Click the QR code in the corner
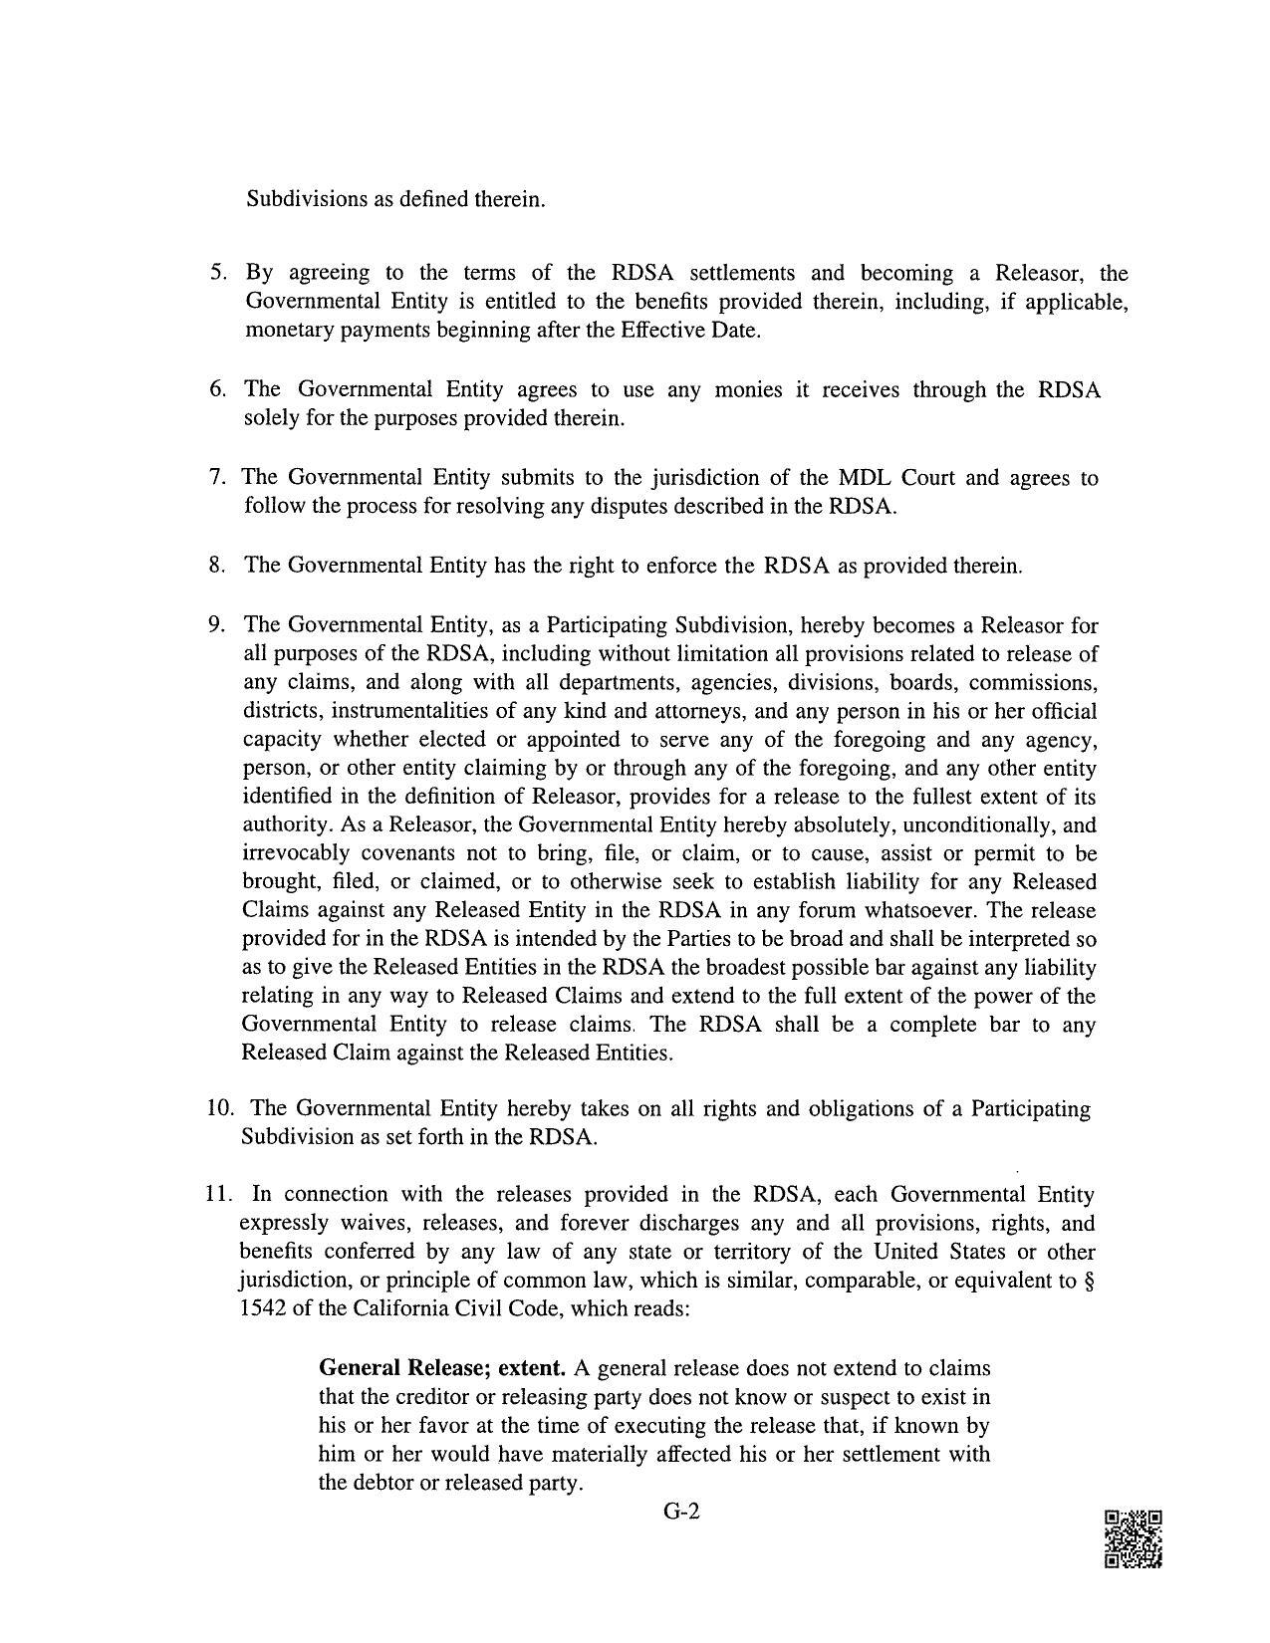coord(1133,1539)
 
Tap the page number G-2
coord(682,1512)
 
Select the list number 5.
coord(217,273)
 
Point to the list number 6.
coord(217,389)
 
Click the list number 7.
coord(217,478)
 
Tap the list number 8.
coord(217,566)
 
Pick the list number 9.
coord(217,625)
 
